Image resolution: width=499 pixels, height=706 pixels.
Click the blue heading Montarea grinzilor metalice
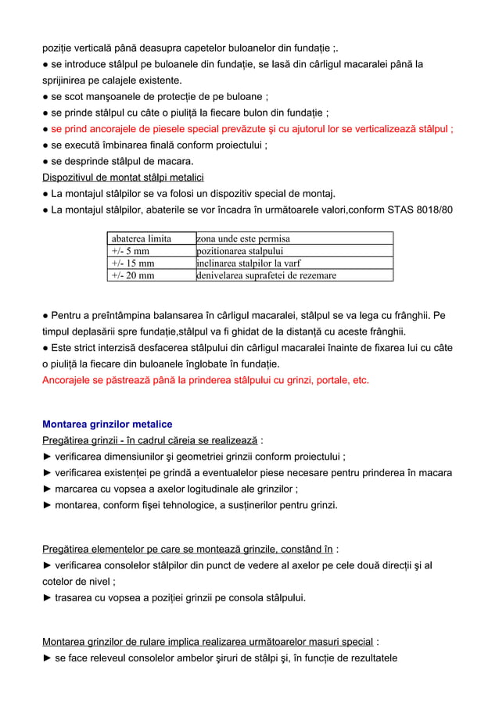click(107, 424)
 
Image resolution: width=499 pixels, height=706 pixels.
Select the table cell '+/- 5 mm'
click(131, 251)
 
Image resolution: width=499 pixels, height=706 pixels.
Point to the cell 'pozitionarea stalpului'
click(240, 251)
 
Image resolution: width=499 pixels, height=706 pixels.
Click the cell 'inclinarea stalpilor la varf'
click(249, 263)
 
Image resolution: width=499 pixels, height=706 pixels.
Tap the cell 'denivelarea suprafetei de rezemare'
click(267, 275)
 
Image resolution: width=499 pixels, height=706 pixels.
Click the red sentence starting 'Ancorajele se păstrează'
click(205, 381)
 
